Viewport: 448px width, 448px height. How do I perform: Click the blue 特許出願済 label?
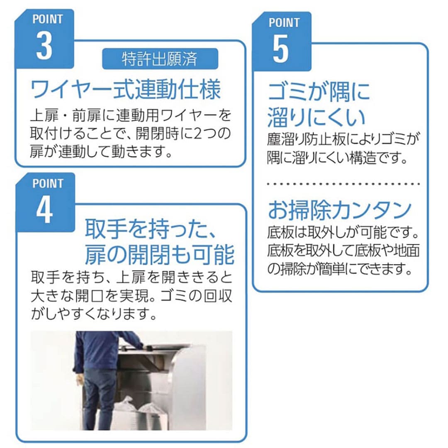(160, 59)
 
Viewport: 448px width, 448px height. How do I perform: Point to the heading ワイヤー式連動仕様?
(125, 89)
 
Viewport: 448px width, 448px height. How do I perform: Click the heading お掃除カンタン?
(339, 210)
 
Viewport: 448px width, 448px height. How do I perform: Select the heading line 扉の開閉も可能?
(159, 254)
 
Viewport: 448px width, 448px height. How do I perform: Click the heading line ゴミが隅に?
(319, 91)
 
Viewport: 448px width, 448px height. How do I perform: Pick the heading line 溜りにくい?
(316, 117)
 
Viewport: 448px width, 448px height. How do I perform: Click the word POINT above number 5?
(284, 22)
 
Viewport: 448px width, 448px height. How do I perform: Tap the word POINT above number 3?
(47, 19)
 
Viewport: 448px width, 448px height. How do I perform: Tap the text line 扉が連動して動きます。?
(101, 151)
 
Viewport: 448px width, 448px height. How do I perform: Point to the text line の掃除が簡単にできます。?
(339, 268)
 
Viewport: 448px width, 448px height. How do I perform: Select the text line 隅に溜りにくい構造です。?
(337, 158)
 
